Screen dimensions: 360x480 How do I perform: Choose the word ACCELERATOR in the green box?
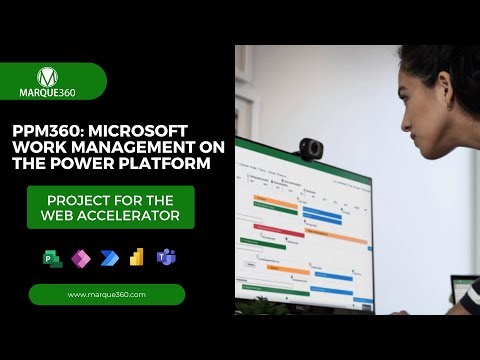[x=138, y=215]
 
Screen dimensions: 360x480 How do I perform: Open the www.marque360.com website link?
[x=107, y=294]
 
